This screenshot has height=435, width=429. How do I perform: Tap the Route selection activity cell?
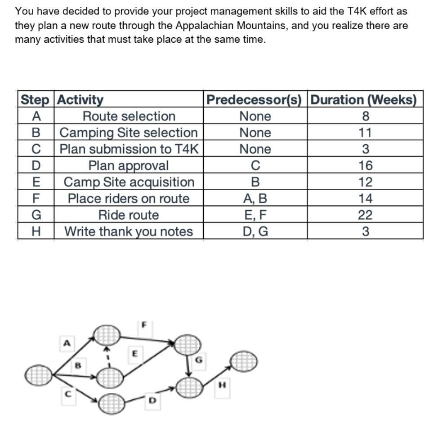coord(129,116)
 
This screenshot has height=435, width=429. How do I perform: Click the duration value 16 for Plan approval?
coord(365,166)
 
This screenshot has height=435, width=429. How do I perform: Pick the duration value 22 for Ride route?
coord(365,215)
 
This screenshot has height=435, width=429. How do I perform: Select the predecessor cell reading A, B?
coord(255,199)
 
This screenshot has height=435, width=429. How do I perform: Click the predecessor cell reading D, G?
coord(255,232)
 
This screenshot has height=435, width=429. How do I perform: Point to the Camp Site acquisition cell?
coord(129,182)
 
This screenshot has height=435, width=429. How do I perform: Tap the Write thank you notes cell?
coord(129,232)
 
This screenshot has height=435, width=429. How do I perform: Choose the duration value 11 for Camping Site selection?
coord(365,133)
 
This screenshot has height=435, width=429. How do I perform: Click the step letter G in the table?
coord(36,215)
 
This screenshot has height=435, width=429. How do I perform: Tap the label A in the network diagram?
coord(67,343)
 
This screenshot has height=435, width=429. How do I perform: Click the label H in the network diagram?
coord(221,385)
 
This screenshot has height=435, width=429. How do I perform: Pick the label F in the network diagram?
coord(144,324)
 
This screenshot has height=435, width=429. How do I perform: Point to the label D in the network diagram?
coord(152,400)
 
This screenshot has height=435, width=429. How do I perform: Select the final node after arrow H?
coord(244,360)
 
